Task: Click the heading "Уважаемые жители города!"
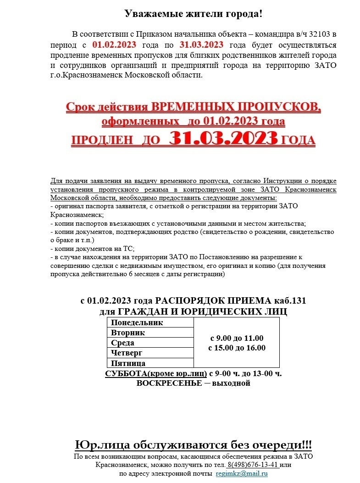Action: pos(194,14)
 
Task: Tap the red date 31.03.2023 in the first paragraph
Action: pos(201,44)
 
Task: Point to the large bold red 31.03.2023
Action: pos(223,138)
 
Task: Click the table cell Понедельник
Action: pos(137,322)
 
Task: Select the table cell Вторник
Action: pos(128,333)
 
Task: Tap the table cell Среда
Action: pos(122,343)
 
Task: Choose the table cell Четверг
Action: pos(126,353)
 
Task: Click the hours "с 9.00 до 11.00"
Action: pos(237,338)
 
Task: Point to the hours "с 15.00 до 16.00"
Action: pos(237,348)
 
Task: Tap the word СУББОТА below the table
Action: pos(126,373)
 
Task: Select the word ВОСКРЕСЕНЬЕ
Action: pos(169,383)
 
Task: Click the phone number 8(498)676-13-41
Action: pos(253,464)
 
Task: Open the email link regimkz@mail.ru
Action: pos(242,473)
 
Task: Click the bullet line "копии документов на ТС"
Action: pos(92,249)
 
